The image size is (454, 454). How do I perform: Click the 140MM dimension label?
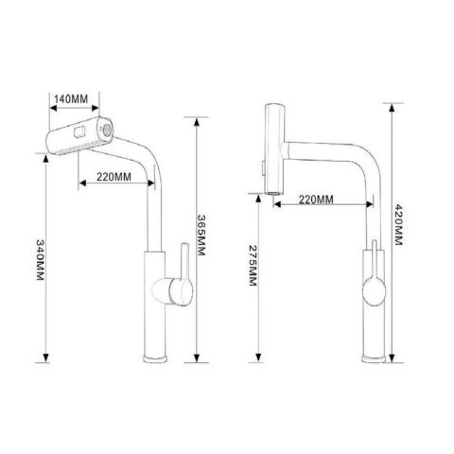click(x=71, y=99)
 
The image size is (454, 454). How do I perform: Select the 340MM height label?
click(x=41, y=260)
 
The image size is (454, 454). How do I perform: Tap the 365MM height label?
click(x=201, y=236)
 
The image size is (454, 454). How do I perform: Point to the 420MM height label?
click(x=398, y=225)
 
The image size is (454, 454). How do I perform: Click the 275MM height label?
click(x=253, y=265)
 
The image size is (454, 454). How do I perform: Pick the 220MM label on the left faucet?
click(x=113, y=177)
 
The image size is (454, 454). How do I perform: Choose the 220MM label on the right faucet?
click(x=316, y=200)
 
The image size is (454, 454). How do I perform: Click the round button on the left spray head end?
click(x=108, y=130)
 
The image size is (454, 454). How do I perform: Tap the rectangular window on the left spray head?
click(x=79, y=131)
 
